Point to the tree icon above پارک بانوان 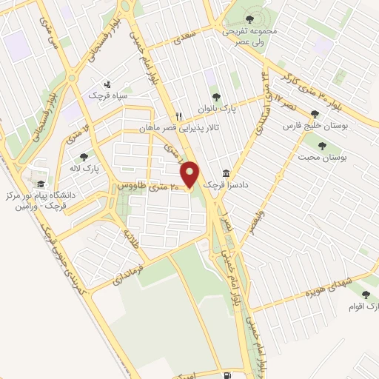point(216,95)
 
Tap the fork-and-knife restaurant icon point(178,116)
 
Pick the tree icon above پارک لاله point(84,156)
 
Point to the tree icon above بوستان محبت point(321,145)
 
